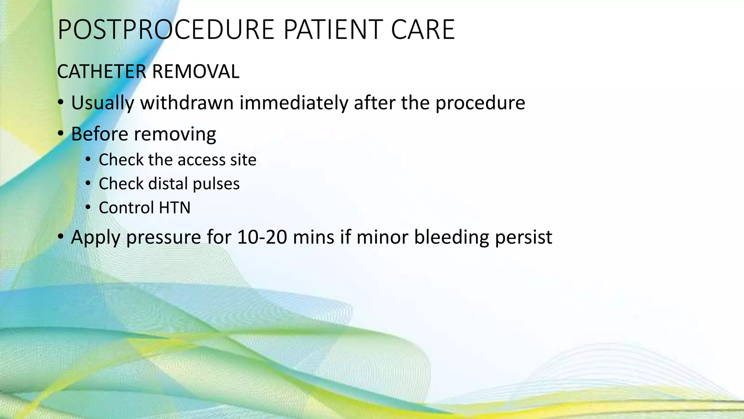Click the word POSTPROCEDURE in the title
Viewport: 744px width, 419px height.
click(166, 30)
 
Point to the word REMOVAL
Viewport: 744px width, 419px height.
click(196, 72)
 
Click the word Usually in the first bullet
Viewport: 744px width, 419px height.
click(102, 103)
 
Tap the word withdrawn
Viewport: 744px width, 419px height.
click(187, 103)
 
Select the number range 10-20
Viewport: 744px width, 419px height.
click(262, 237)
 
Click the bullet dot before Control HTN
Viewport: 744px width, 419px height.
click(88, 208)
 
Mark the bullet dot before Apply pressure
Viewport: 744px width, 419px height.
click(61, 237)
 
